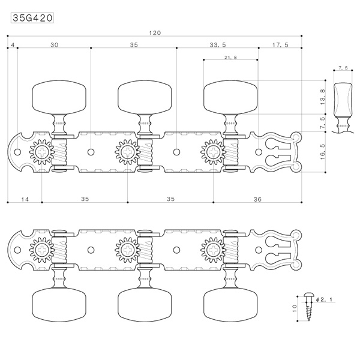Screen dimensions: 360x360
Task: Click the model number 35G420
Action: click(x=32, y=18)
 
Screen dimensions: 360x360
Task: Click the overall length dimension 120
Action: click(x=155, y=33)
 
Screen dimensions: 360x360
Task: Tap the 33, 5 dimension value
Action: click(x=218, y=45)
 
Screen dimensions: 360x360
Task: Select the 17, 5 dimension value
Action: click(x=280, y=45)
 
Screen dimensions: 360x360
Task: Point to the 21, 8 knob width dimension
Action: click(x=230, y=57)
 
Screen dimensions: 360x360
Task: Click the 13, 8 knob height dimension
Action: click(x=323, y=97)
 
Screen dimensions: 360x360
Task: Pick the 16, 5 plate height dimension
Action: click(x=323, y=152)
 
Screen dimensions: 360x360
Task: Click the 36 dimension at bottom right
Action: click(x=257, y=199)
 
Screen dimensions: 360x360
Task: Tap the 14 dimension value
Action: click(x=25, y=199)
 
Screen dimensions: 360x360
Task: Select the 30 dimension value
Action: click(x=55, y=45)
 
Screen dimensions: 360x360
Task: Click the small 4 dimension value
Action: click(x=13, y=45)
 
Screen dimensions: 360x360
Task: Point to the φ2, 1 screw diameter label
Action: click(x=324, y=299)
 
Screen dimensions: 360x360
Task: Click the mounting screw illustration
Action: click(x=308, y=307)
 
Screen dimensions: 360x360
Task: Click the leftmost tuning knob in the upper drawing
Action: click(x=59, y=97)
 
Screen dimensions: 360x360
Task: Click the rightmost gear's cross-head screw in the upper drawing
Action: click(x=213, y=152)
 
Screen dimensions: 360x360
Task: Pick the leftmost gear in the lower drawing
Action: click(x=42, y=250)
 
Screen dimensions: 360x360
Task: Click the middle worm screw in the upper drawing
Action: click(x=145, y=152)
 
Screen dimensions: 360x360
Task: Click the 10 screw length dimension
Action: click(x=295, y=308)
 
